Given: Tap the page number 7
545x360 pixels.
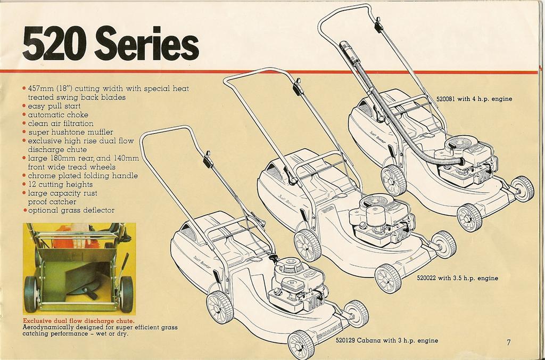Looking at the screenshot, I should click(x=508, y=342).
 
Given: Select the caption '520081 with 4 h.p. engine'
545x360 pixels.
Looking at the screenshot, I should click(x=474, y=99).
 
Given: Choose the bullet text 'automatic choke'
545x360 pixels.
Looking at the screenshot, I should click(x=58, y=114).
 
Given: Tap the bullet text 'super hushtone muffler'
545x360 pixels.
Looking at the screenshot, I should click(x=70, y=132).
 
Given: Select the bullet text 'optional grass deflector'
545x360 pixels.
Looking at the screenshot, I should click(x=71, y=210).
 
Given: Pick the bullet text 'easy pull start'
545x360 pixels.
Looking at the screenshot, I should click(x=54, y=106).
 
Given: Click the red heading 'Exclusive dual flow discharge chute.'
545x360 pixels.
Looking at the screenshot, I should click(x=78, y=321).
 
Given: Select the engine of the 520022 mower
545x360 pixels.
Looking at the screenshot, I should click(x=379, y=218).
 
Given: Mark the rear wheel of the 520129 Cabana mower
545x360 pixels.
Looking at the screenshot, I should click(x=220, y=307).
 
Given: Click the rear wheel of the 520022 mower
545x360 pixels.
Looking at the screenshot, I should click(x=308, y=244).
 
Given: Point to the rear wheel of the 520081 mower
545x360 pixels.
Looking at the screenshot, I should click(x=394, y=179).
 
